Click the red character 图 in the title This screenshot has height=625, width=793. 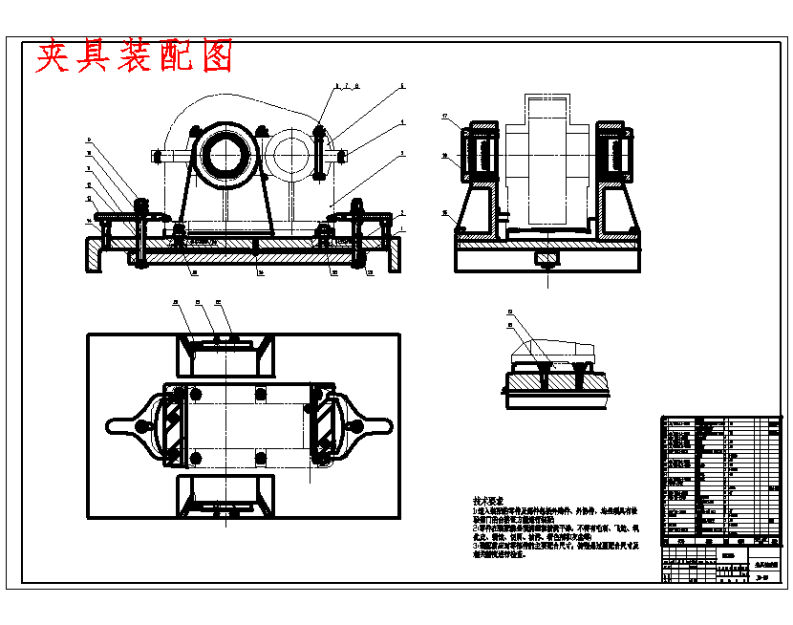218,58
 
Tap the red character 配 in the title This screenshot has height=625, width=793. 178,58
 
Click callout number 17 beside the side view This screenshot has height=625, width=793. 445,117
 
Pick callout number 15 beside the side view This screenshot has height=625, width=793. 445,213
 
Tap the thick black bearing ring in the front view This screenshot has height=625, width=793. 225,153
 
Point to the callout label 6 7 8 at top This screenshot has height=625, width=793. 346,87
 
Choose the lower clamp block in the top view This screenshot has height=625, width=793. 224,493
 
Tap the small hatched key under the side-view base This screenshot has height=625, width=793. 547,258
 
